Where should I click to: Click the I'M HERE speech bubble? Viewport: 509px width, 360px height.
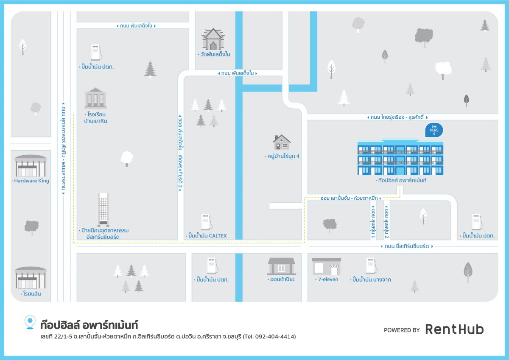(x=434, y=130)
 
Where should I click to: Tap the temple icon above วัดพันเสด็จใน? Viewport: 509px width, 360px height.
(x=213, y=39)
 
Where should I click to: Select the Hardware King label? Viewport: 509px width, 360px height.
(x=31, y=181)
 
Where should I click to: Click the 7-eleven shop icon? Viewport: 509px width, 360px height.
(x=327, y=266)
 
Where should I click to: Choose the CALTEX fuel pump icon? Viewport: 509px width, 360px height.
(x=207, y=222)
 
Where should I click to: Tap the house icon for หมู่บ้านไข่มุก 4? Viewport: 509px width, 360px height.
(x=282, y=142)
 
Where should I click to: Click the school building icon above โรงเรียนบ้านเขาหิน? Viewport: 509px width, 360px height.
(x=95, y=98)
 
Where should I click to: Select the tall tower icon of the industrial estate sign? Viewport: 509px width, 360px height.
(x=103, y=209)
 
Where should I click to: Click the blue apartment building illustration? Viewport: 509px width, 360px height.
(x=400, y=157)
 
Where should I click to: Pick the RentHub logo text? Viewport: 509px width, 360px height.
(x=454, y=329)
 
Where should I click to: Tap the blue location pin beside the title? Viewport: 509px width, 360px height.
(x=30, y=322)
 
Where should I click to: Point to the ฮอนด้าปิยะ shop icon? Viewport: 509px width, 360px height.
(x=281, y=266)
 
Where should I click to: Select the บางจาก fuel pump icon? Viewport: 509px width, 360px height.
(x=371, y=266)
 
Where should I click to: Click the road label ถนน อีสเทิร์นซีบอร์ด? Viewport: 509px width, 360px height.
(x=406, y=246)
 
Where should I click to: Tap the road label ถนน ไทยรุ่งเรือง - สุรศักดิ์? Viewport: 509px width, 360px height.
(x=397, y=117)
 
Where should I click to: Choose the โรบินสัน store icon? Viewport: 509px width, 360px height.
(x=31, y=278)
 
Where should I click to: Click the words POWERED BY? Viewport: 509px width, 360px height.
(x=402, y=330)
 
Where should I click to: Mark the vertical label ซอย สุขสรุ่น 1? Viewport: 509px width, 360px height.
(x=373, y=222)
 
